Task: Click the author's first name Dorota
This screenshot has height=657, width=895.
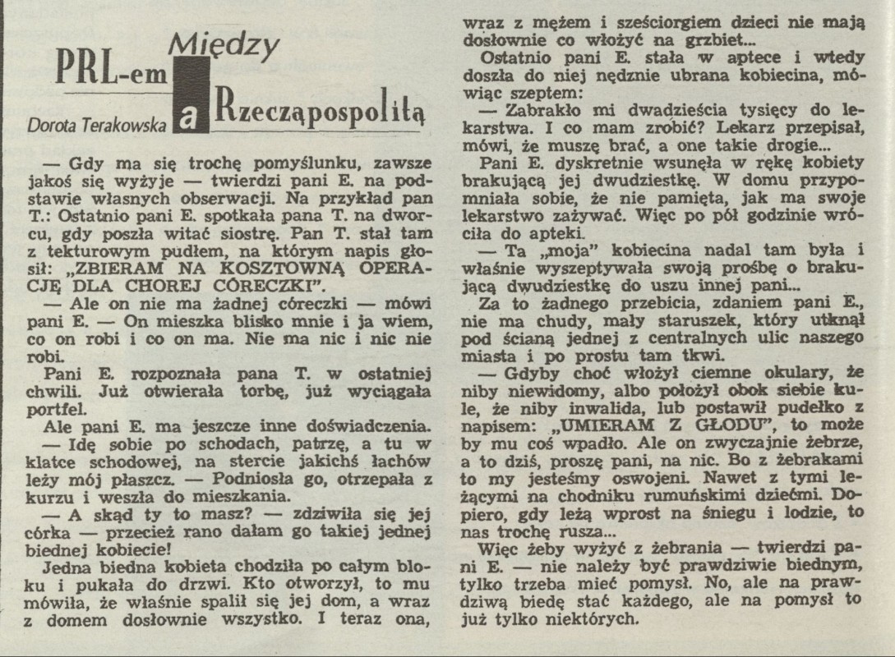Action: click(54, 124)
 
